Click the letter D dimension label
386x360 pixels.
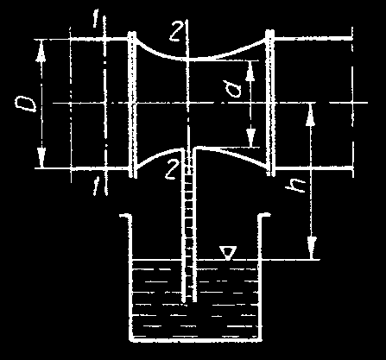pyautogui.click(x=26, y=104)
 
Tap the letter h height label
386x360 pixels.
pyautogui.click(x=295, y=186)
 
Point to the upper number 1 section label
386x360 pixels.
pyautogui.click(x=96, y=20)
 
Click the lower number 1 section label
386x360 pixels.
pyautogui.click(x=96, y=186)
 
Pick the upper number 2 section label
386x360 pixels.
pyautogui.click(x=175, y=31)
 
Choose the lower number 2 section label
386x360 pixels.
pyautogui.click(x=171, y=170)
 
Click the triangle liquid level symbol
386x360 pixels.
pyautogui.click(x=228, y=253)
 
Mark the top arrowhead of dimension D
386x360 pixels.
pyautogui.click(x=41, y=50)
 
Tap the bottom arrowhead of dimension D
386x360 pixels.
pyautogui.click(x=41, y=157)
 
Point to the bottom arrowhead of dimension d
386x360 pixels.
pyautogui.click(x=251, y=137)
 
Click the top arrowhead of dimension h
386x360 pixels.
pyautogui.click(x=310, y=114)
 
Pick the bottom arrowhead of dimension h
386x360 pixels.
pyautogui.click(x=312, y=248)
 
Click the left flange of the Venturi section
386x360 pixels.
pyautogui.click(x=132, y=104)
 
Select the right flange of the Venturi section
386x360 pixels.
pyautogui.click(x=269, y=103)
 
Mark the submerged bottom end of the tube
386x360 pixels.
pyautogui.click(x=189, y=301)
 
